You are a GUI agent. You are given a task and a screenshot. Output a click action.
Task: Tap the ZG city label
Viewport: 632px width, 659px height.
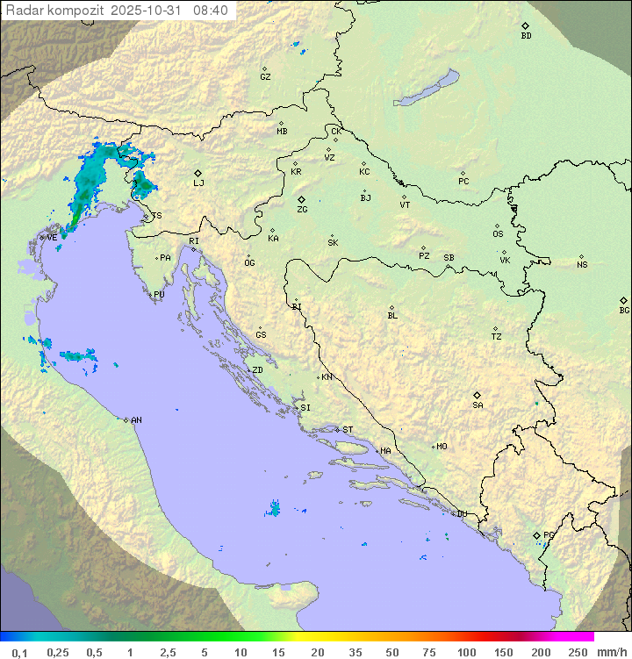(x=302, y=210)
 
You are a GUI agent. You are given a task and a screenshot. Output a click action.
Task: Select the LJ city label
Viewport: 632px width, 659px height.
(x=198, y=183)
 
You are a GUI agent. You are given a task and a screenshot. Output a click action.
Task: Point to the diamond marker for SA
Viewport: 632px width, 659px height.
(x=478, y=395)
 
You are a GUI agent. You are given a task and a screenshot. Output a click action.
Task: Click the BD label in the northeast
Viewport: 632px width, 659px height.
(x=526, y=36)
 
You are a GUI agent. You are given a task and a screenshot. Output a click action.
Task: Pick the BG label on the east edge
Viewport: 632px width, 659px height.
(x=624, y=311)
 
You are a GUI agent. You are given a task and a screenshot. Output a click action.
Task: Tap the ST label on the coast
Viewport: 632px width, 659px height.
(x=348, y=430)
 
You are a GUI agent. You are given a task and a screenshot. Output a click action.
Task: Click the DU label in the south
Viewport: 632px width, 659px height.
(x=461, y=514)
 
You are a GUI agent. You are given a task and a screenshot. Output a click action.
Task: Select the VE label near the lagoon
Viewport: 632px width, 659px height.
(x=52, y=238)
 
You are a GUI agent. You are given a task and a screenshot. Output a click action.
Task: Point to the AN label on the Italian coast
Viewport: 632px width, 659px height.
(x=136, y=420)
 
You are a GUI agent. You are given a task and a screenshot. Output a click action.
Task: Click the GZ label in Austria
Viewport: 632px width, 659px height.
(x=265, y=77)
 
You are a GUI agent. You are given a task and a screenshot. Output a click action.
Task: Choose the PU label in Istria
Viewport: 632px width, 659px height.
(x=159, y=295)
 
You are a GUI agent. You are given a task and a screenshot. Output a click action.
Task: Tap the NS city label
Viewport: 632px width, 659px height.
(x=582, y=265)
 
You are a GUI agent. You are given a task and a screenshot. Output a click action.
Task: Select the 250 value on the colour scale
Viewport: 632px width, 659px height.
(x=578, y=652)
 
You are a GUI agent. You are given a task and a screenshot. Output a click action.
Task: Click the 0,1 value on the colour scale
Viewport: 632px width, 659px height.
(x=20, y=652)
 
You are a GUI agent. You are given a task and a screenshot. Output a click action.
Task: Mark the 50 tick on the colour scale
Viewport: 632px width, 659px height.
(x=391, y=652)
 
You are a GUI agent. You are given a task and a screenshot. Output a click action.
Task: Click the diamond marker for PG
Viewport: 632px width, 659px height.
(x=537, y=534)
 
